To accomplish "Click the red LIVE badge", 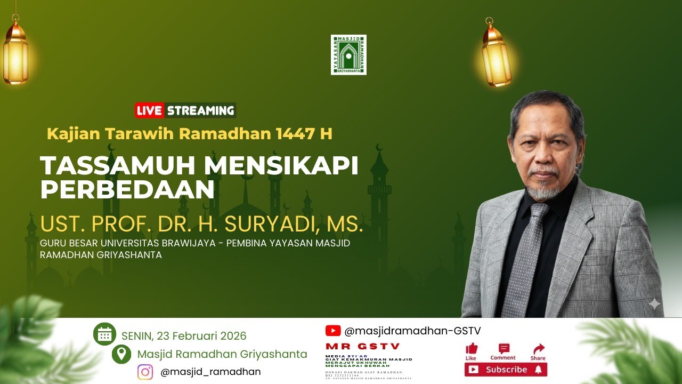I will (149, 111).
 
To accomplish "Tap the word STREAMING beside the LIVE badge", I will (200, 111).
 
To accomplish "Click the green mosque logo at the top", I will (348, 55).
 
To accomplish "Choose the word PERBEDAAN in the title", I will (127, 190).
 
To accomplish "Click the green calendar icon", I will (104, 334).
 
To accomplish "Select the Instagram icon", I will (145, 372).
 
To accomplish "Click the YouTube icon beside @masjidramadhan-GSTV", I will (333, 331).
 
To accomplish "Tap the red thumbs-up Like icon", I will (472, 349).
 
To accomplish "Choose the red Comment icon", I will (504, 349).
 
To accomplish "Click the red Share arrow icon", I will (538, 349).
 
